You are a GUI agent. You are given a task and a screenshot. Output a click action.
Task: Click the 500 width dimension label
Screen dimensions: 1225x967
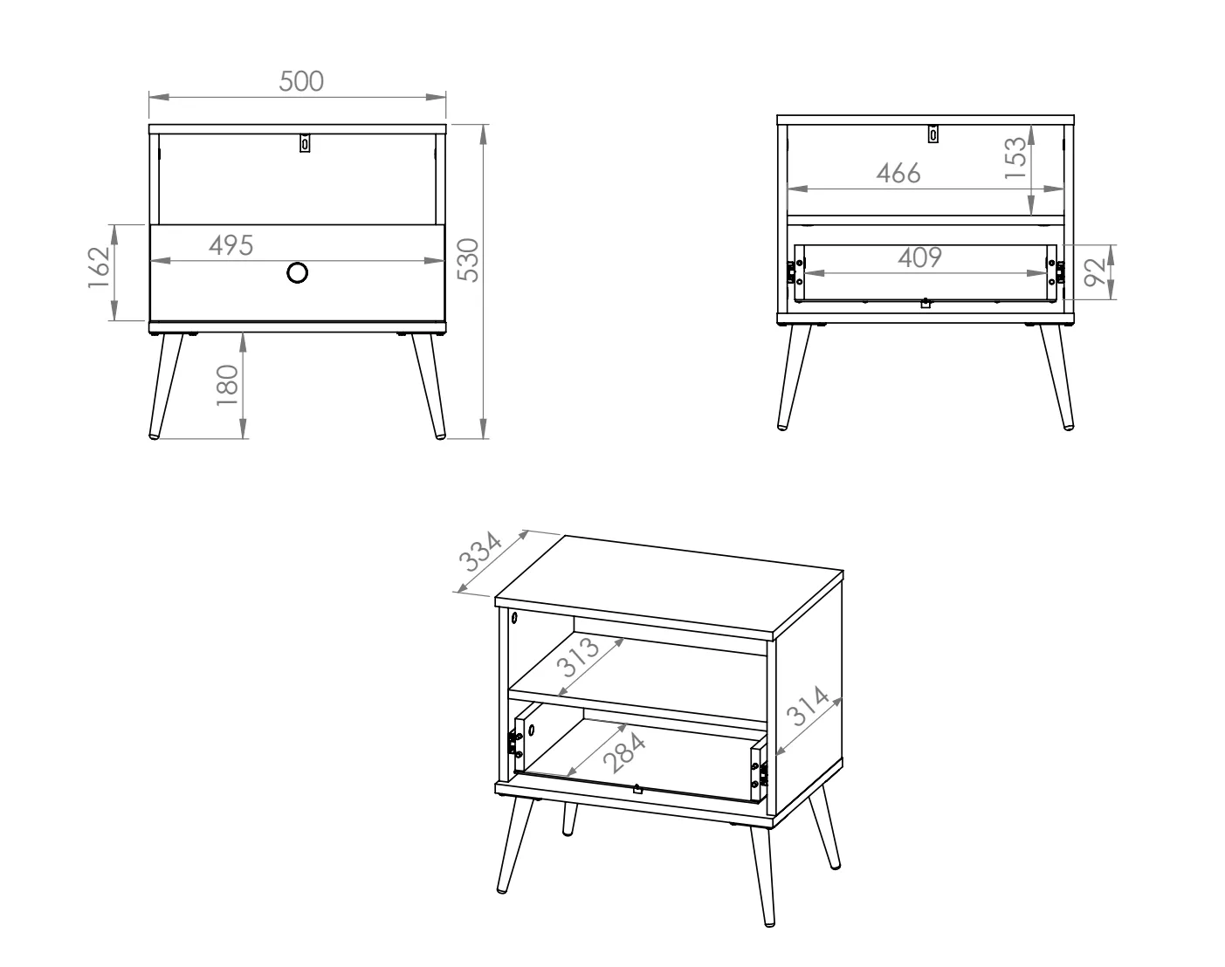[x=301, y=81]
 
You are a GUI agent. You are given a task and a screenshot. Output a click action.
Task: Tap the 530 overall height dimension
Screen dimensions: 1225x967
[x=469, y=260]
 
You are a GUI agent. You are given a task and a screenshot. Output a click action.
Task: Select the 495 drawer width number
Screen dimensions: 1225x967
[x=231, y=245]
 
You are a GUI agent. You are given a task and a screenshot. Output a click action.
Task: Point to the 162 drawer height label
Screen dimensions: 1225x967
[x=99, y=267]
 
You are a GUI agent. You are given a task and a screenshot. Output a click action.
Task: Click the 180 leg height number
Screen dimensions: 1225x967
[x=227, y=386]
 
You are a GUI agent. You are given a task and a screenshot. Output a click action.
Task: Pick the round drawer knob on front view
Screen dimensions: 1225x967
[x=297, y=272]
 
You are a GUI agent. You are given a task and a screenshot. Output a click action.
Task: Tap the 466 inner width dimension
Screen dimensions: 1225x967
[x=898, y=173]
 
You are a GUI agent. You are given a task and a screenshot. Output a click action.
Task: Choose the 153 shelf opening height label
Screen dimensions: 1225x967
[x=1015, y=158]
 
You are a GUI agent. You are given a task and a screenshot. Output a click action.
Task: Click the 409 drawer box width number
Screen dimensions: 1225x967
[x=920, y=257]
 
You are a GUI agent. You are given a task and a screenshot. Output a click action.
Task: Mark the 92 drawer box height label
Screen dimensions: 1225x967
[x=1095, y=272]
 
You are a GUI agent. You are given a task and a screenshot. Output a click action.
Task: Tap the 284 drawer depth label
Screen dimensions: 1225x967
[x=624, y=753]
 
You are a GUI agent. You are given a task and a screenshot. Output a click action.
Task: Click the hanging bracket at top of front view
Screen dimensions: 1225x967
[x=305, y=143]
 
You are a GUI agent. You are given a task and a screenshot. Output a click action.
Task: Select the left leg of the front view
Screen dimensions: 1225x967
[x=166, y=386]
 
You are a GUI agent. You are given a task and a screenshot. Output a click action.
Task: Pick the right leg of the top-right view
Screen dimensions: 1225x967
[x=1057, y=377]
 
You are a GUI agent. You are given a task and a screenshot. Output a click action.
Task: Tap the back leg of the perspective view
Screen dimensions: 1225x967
[x=568, y=820]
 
